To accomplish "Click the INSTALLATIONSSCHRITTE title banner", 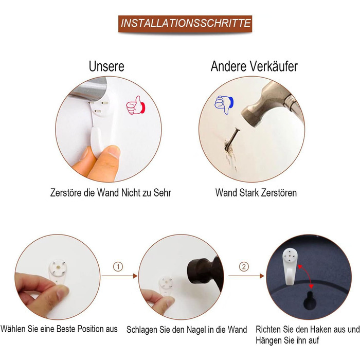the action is coord(185,24).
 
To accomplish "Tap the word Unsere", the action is coord(106,66).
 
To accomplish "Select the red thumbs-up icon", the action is coord(136,105).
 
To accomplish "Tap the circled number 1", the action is coord(118,267).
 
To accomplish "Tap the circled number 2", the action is coord(244,267).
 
